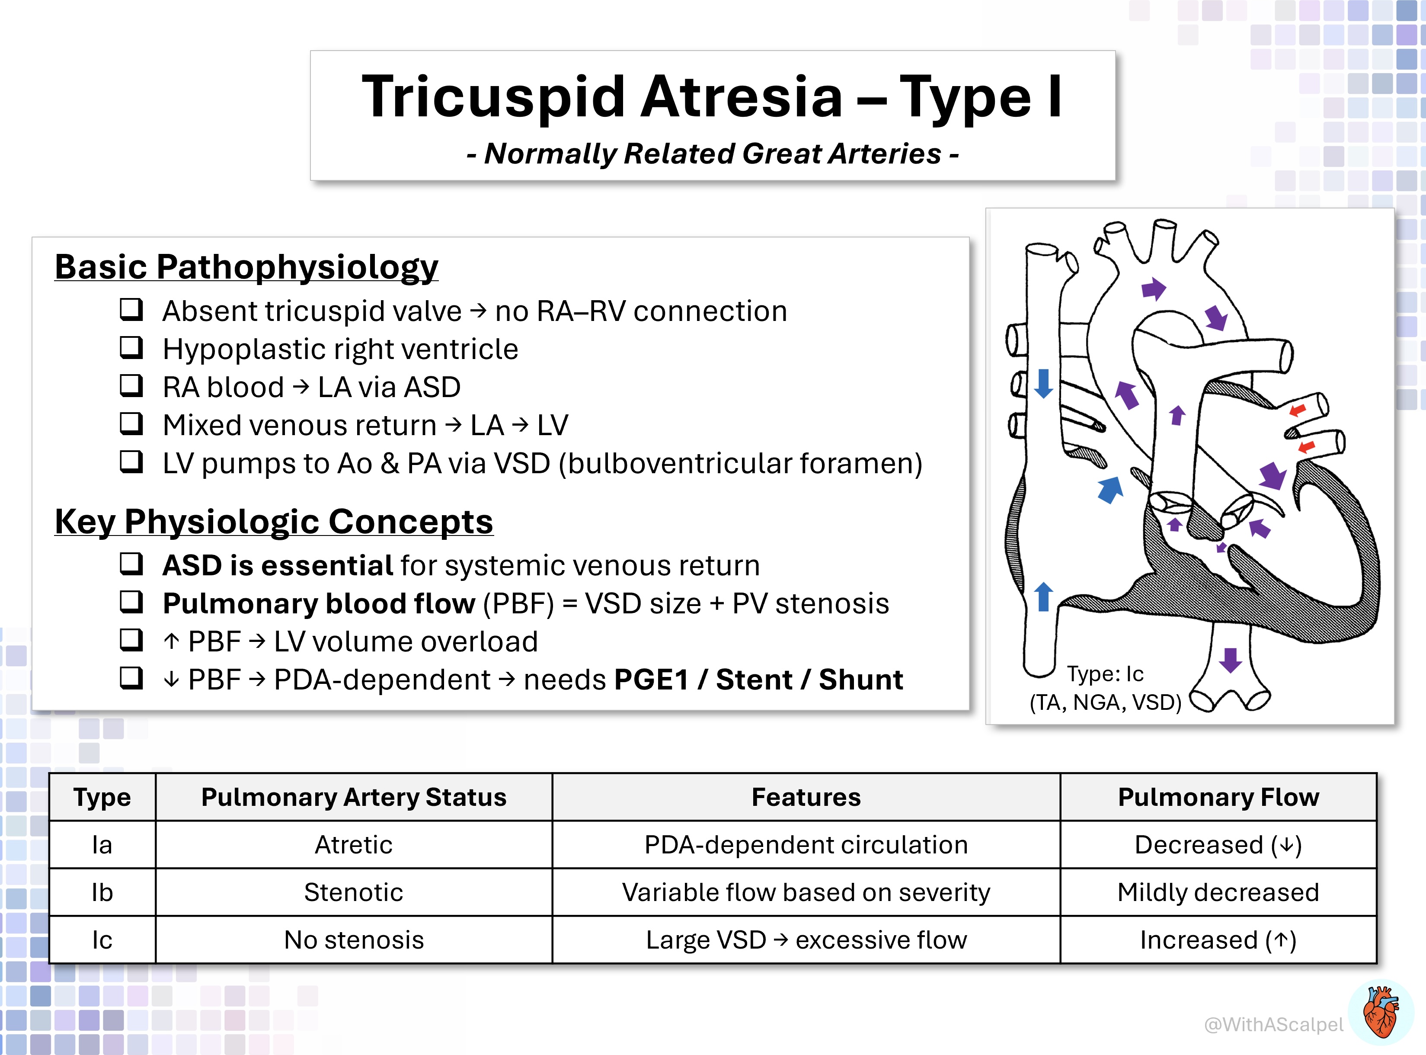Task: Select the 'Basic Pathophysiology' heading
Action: (246, 267)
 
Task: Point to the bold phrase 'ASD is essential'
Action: (278, 565)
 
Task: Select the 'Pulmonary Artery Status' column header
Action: (354, 797)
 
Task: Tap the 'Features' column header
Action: (806, 797)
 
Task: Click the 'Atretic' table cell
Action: (354, 845)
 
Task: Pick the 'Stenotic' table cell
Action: (354, 892)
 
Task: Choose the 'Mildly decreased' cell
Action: (1218, 892)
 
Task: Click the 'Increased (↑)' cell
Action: (1218, 940)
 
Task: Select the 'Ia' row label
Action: (102, 845)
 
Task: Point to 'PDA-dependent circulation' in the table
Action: (806, 845)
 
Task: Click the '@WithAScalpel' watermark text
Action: (1273, 1024)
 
